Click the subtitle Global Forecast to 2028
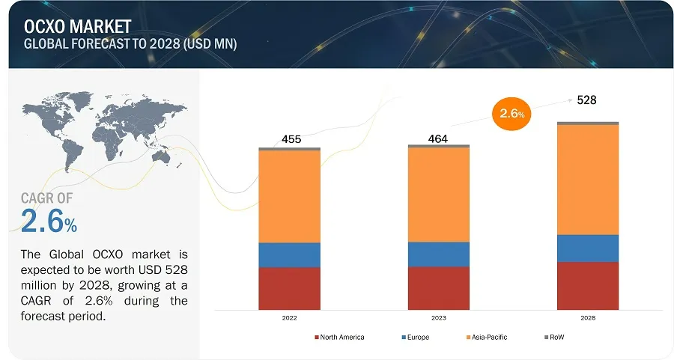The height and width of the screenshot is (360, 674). coord(130,44)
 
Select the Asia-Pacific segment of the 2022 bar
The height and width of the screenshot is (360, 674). coord(289,196)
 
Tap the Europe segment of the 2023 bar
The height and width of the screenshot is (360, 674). coord(439,254)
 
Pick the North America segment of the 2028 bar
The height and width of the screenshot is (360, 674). coord(588,285)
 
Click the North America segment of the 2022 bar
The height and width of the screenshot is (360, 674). coord(289,288)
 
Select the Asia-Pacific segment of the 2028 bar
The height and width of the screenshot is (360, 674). coord(588,180)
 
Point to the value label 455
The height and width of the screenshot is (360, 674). coord(291,139)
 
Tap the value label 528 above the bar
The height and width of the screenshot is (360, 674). coord(586,100)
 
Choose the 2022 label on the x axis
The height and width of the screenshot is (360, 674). coord(289,318)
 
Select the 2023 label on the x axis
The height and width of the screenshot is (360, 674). coord(439,318)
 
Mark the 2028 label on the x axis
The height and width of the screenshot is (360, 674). coord(588,318)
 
